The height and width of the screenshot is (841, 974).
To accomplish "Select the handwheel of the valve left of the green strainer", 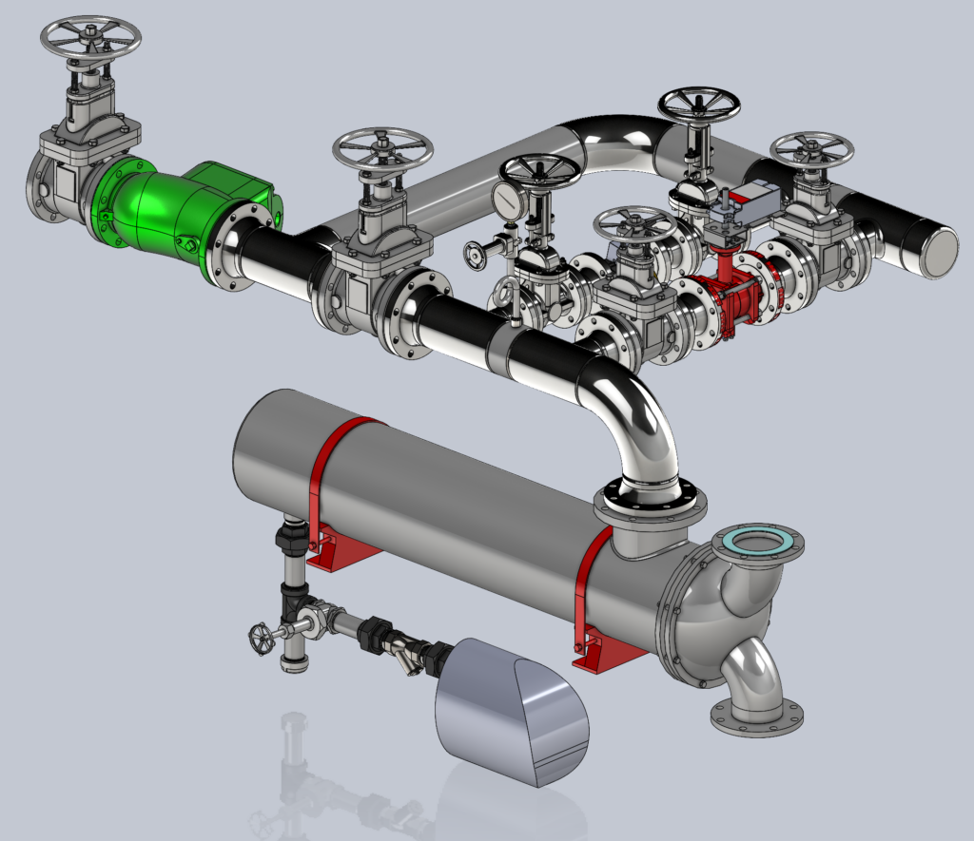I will [90, 38].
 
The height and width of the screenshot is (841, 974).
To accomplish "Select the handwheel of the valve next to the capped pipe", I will [811, 149].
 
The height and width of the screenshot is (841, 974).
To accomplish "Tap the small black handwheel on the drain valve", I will [260, 637].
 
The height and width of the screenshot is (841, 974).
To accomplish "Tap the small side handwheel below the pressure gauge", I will [476, 255].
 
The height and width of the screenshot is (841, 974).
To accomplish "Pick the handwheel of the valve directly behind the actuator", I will [700, 105].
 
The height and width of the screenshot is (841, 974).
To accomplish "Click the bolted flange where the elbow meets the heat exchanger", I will [650, 499].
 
